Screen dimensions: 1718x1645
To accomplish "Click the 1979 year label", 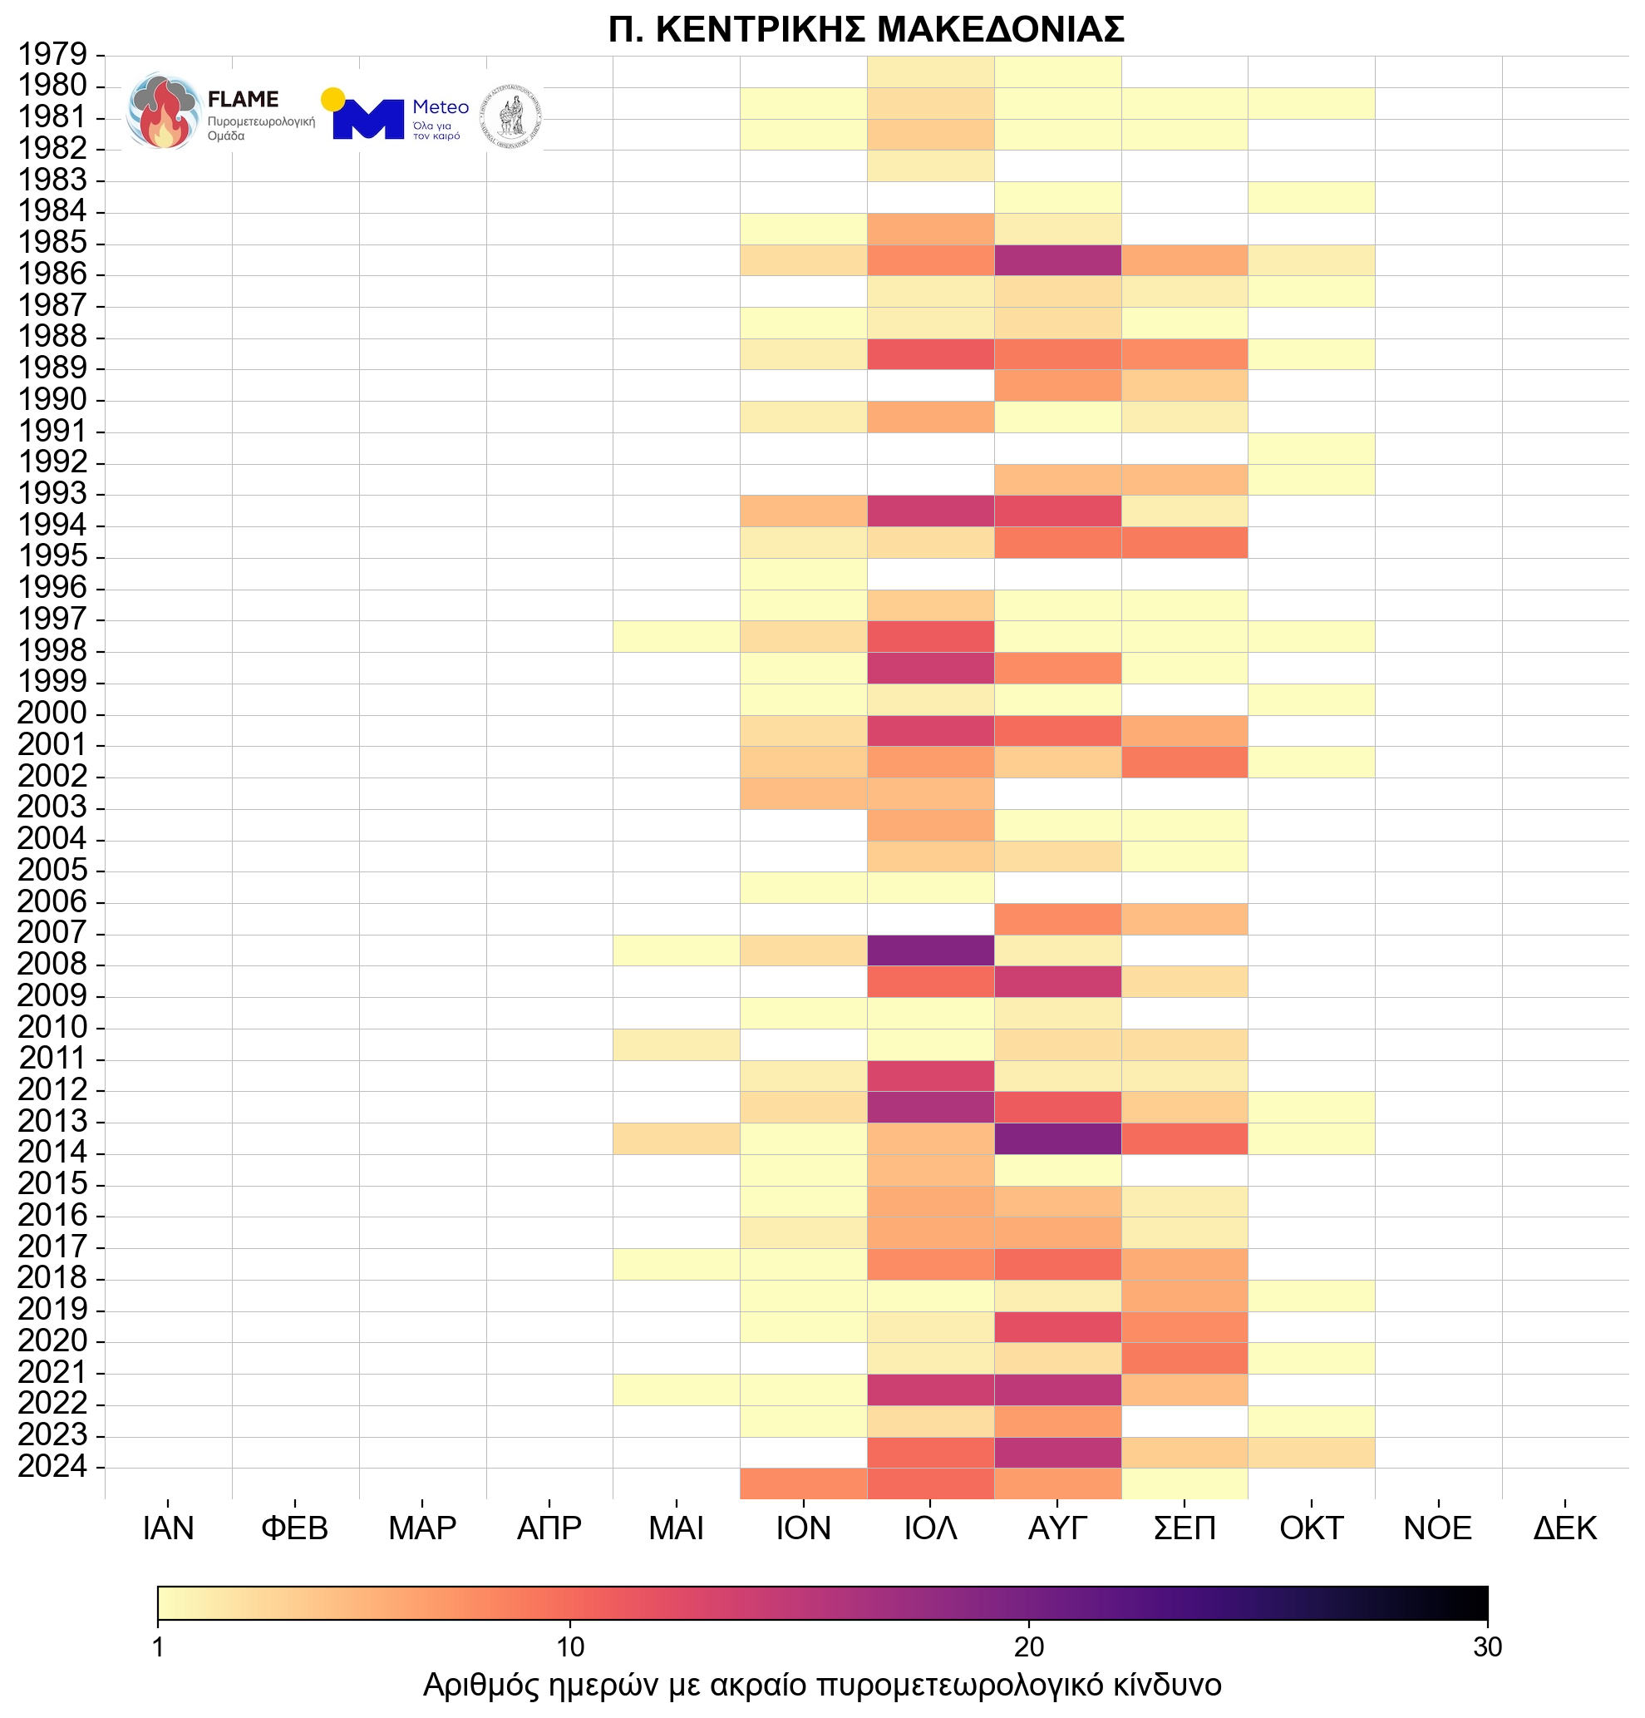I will coord(52,54).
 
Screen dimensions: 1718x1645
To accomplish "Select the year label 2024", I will coord(52,1465).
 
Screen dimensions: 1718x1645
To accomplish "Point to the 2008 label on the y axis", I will coord(52,964).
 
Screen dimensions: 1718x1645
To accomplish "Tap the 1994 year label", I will coord(52,525).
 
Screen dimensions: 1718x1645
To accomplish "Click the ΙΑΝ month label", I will coord(167,1528).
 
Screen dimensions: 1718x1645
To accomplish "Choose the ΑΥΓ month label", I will coord(1057,1528).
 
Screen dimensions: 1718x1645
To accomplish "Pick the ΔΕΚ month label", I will coord(1564,1528).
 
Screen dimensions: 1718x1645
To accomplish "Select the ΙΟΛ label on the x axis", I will coord(930,1528).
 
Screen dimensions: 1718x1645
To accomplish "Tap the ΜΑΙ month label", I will coord(676,1528).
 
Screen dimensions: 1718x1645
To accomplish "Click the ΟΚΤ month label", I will coord(1311,1528).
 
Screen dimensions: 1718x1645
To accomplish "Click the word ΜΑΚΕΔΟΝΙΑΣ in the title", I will coord(1000,29).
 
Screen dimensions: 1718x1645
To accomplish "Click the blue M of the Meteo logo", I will coord(368,120).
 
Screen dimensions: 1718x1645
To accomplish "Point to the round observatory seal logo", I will coord(511,116).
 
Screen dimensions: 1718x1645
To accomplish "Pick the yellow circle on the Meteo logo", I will coord(332,99).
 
